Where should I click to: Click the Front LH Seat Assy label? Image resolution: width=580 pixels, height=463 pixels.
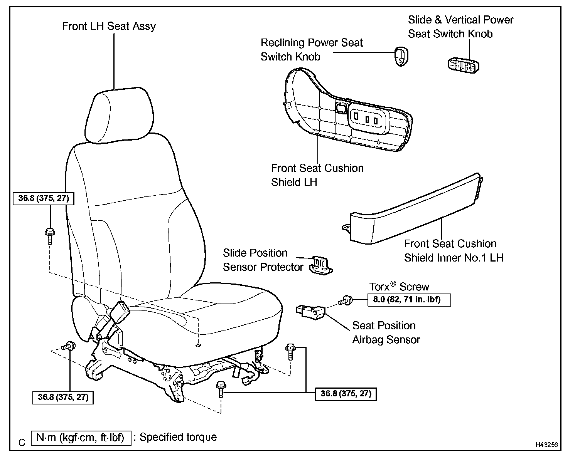click(109, 26)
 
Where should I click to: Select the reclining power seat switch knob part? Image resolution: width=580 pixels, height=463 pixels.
click(401, 56)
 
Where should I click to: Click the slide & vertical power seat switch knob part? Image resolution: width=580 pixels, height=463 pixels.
click(463, 66)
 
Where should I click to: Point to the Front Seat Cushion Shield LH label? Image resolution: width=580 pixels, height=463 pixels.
click(317, 175)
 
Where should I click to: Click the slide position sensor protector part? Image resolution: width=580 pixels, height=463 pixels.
click(321, 265)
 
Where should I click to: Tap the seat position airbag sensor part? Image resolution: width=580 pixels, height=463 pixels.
click(310, 312)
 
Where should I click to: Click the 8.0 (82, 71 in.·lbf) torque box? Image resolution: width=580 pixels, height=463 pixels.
click(409, 300)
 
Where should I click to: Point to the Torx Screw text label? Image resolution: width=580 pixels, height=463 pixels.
click(399, 287)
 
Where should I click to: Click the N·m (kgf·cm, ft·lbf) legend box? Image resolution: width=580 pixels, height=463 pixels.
click(81, 438)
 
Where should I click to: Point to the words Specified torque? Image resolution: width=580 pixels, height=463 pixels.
click(178, 437)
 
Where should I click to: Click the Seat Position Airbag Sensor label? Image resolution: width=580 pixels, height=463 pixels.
click(386, 332)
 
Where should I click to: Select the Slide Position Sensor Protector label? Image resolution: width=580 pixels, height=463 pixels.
click(263, 260)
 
